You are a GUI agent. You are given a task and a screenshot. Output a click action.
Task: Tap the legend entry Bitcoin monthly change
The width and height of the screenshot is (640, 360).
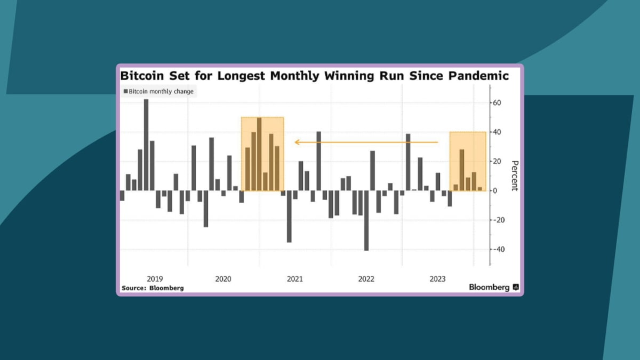point(161,92)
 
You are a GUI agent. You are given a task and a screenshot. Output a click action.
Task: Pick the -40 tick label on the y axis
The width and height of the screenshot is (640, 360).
point(499,250)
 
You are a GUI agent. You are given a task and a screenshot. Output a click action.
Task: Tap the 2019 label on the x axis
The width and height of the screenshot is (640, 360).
point(155,279)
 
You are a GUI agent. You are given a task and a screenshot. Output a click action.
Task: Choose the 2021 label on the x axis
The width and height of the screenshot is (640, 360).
point(295,279)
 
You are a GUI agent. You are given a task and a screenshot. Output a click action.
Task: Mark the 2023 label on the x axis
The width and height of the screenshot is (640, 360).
point(438,279)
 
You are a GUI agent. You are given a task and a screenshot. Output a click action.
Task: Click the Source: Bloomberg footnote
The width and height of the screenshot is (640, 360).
point(153,288)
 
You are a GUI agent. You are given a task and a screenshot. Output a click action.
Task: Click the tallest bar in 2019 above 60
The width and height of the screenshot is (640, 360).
point(146,145)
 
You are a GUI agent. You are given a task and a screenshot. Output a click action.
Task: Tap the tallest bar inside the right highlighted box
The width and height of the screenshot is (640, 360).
point(462,170)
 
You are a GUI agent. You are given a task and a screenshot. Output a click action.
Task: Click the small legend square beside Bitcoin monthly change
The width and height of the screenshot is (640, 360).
point(126,92)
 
